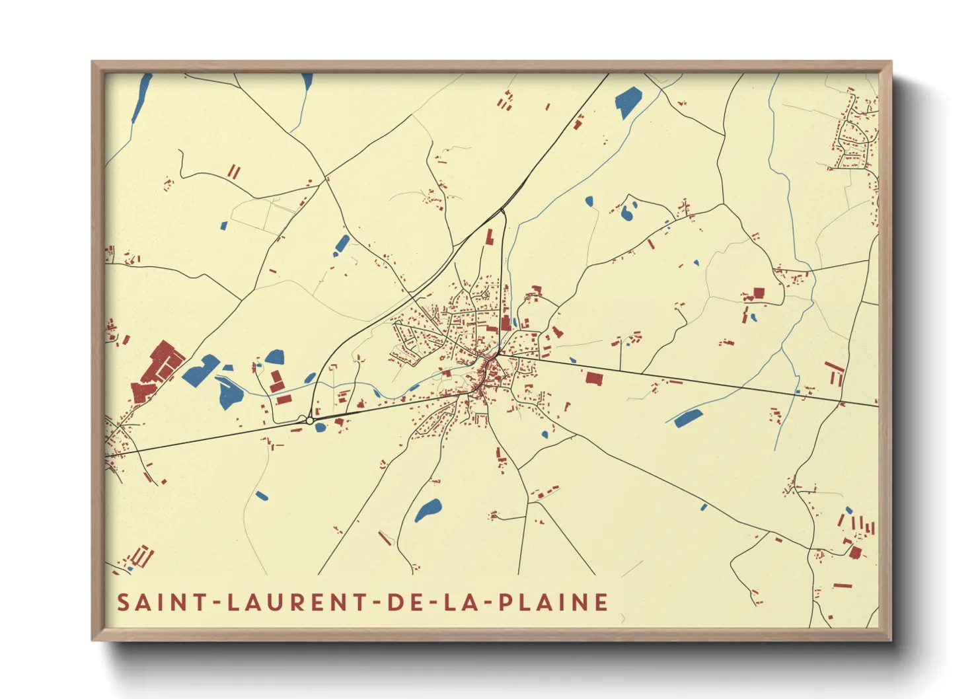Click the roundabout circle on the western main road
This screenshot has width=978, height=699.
pyautogui.click(x=309, y=420)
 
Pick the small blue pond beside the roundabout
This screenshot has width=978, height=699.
pyautogui.click(x=320, y=427)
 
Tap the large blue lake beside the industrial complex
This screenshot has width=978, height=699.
pyautogui.click(x=201, y=371)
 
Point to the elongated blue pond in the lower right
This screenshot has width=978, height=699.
pyautogui.click(x=687, y=418)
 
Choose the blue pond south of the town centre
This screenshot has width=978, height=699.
pyautogui.click(x=428, y=509)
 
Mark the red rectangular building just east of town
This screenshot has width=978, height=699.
pyautogui.click(x=594, y=379)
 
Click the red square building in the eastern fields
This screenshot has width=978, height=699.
pyautogui.click(x=759, y=293)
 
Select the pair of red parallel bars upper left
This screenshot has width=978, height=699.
pyautogui.click(x=233, y=172)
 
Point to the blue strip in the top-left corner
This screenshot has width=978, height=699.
pyautogui.click(x=141, y=98)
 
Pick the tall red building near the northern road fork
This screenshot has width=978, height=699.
pyautogui.click(x=490, y=237)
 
